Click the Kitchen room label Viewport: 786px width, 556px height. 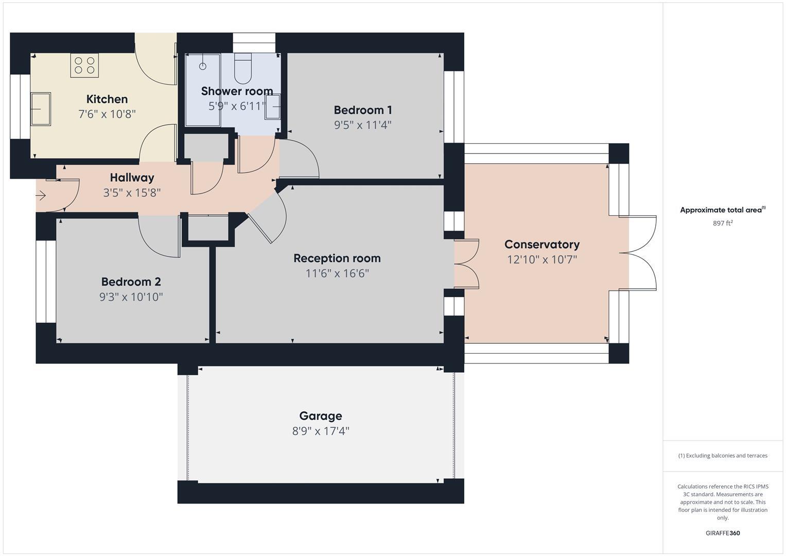click(x=107, y=99)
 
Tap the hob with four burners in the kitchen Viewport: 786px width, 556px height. click(x=84, y=65)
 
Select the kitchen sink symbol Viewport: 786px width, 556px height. click(x=41, y=109)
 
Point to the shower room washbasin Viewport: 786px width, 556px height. click(x=273, y=107)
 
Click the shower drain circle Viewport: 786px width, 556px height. click(x=203, y=66)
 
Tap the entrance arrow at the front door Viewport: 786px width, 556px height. click(x=41, y=196)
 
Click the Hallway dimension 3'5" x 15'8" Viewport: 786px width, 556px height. click(x=132, y=193)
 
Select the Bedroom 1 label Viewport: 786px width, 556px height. click(x=362, y=110)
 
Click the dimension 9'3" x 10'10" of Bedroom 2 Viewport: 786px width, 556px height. click(x=131, y=297)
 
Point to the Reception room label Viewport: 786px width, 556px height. click(x=337, y=258)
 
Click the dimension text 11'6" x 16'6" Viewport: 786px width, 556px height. click(x=337, y=273)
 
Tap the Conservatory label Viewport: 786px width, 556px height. click(x=542, y=245)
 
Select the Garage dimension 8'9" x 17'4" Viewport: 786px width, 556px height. click(x=320, y=431)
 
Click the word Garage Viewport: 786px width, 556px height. click(x=320, y=415)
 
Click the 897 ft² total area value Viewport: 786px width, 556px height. click(x=722, y=223)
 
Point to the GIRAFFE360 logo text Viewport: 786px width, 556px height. click(x=722, y=533)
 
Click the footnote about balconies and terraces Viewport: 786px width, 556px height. click(x=722, y=456)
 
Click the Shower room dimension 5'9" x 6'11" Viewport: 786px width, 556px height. click(x=236, y=106)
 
